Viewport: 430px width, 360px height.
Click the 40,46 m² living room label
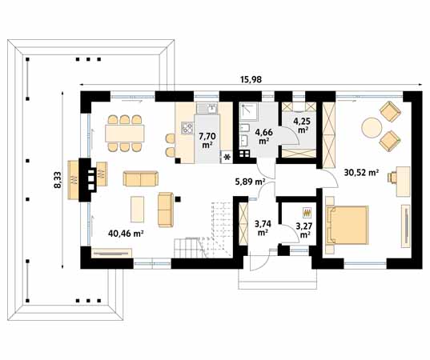[x=126, y=234]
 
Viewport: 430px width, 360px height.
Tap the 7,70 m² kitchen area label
[x=207, y=139]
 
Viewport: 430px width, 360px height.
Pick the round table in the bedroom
[x=372, y=127]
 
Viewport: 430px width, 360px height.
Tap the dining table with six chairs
[x=124, y=130]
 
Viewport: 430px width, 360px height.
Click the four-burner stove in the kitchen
[x=187, y=126]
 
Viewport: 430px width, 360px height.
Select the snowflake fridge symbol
[x=227, y=157]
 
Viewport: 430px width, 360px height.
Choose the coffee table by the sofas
[x=139, y=209]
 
